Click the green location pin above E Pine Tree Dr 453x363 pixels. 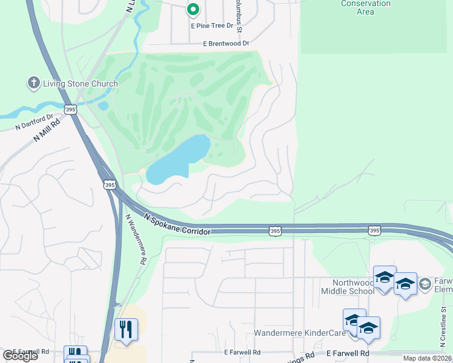pos(193,10)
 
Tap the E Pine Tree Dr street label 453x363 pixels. pos(212,26)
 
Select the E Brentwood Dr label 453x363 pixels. pos(226,44)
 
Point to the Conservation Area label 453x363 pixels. pos(365,7)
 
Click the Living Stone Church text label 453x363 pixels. pos(80,83)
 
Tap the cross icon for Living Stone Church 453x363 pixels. pos(33,83)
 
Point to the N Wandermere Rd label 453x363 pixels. pos(136,239)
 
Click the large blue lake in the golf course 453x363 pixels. pos(179,159)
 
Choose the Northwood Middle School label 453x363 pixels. pos(348,287)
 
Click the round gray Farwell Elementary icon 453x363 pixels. pos(425,284)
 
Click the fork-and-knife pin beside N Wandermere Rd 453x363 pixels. pos(126,330)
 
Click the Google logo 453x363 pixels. pos(19,356)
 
